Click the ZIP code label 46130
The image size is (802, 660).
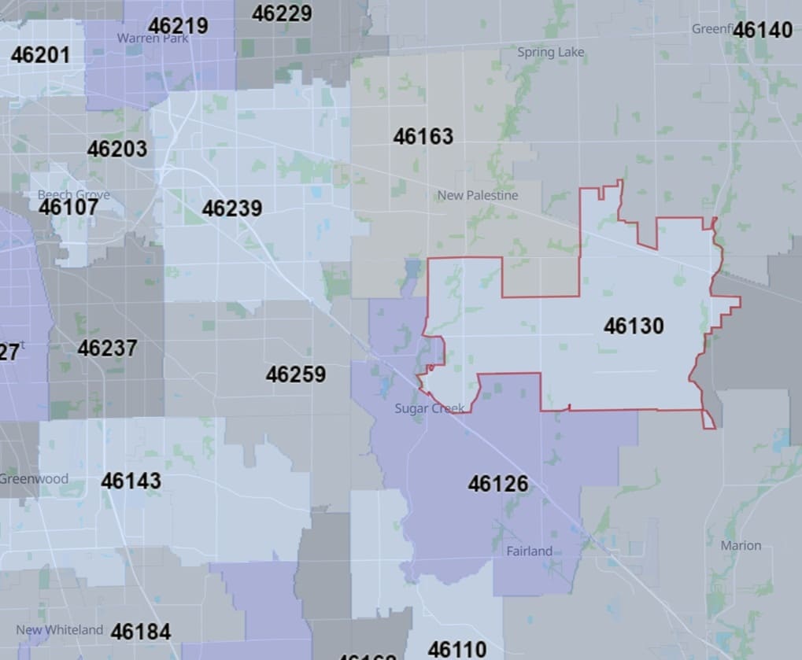click(634, 326)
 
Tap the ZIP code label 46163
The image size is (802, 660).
click(423, 136)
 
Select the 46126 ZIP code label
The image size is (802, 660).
click(497, 483)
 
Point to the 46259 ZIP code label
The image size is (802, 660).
click(295, 374)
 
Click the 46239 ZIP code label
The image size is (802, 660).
click(232, 208)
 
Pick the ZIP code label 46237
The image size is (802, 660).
click(107, 348)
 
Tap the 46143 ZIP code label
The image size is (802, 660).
click(131, 481)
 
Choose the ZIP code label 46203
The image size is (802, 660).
click(117, 149)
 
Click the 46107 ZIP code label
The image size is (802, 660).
click(68, 207)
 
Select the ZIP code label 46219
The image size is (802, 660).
click(178, 25)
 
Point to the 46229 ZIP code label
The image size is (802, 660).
click(282, 13)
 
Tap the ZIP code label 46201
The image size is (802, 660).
click(40, 55)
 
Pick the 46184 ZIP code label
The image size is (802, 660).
click(141, 631)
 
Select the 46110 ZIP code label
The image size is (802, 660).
click(457, 649)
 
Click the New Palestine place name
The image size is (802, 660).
click(478, 195)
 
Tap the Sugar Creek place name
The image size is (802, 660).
click(430, 409)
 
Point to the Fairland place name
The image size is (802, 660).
click(529, 551)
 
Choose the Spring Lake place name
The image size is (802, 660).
click(551, 53)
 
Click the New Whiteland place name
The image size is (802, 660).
click(59, 629)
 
